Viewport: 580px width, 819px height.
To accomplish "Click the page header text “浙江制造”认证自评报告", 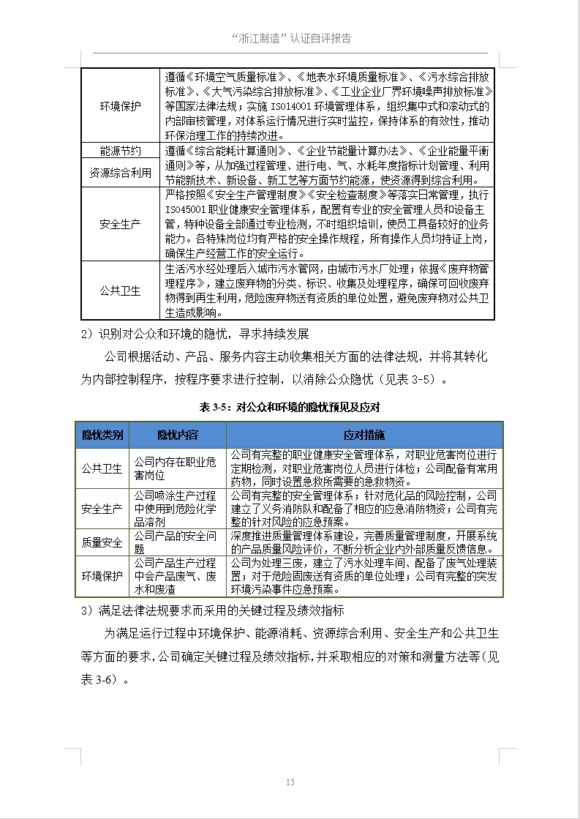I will (x=290, y=38).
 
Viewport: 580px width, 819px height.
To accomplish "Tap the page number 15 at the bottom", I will (x=290, y=782).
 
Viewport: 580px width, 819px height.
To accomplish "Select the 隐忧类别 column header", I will (x=102, y=435).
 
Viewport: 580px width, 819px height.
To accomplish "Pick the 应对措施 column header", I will (x=364, y=435).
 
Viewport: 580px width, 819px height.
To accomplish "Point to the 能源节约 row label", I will (x=121, y=151).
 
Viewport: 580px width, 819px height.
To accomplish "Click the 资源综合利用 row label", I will (x=121, y=173).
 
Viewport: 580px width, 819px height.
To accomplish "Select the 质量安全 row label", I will (x=102, y=542).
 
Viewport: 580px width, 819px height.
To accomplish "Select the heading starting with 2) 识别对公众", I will (x=195, y=334).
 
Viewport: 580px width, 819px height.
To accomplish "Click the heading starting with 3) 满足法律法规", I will (x=212, y=610).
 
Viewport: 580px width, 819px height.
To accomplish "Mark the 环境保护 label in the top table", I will (x=121, y=106).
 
